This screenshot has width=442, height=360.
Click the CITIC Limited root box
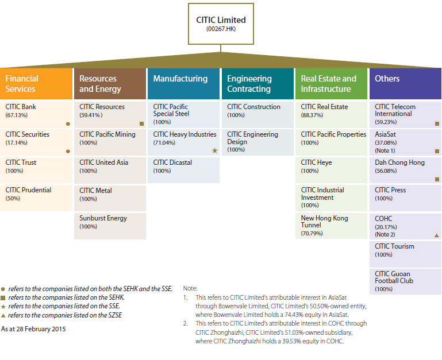pos(221,24)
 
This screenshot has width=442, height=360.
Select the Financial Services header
pos(36,84)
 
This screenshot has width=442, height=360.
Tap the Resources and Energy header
pos(110,84)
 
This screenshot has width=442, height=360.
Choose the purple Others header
pos(405,84)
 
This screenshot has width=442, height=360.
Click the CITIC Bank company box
pos(36,114)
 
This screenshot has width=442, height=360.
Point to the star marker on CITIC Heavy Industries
pos(215,150)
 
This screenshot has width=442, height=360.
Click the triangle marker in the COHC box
pos(437,235)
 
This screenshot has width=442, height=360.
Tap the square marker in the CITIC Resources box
pos(142,123)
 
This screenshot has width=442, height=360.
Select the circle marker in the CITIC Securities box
pos(68,151)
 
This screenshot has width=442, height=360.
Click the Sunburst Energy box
pos(110,226)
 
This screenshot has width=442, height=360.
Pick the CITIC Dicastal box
pos(183,170)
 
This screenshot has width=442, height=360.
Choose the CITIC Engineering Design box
pos(257,142)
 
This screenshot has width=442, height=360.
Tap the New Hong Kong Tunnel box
pos(331,226)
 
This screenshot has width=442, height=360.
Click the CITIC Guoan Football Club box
pos(405,282)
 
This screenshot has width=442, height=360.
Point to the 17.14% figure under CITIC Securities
pos(16,142)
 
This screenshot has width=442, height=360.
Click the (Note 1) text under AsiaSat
pos(385,150)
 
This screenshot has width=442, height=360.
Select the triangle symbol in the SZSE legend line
pos(3,315)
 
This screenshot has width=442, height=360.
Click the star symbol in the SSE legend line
pos(3,307)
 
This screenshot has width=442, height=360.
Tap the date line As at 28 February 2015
pos(33,329)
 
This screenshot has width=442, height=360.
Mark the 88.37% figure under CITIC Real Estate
pos(312,115)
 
